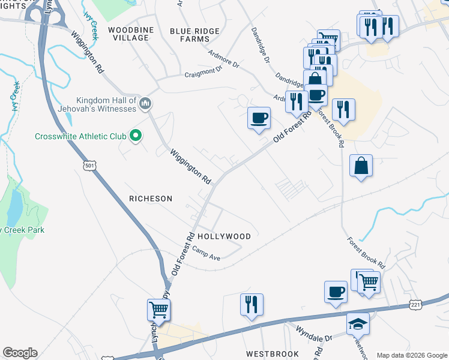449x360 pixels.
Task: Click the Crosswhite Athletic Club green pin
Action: tap(136, 136)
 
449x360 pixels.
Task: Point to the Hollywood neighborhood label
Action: tap(224, 236)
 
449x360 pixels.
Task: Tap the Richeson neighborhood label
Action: tap(151, 198)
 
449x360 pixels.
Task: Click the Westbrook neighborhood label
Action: tap(272, 354)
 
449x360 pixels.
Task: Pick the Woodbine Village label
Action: tap(128, 33)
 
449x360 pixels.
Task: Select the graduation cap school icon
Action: tap(358, 324)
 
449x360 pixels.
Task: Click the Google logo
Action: tap(19, 353)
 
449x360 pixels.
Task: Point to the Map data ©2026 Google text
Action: tap(412, 355)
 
